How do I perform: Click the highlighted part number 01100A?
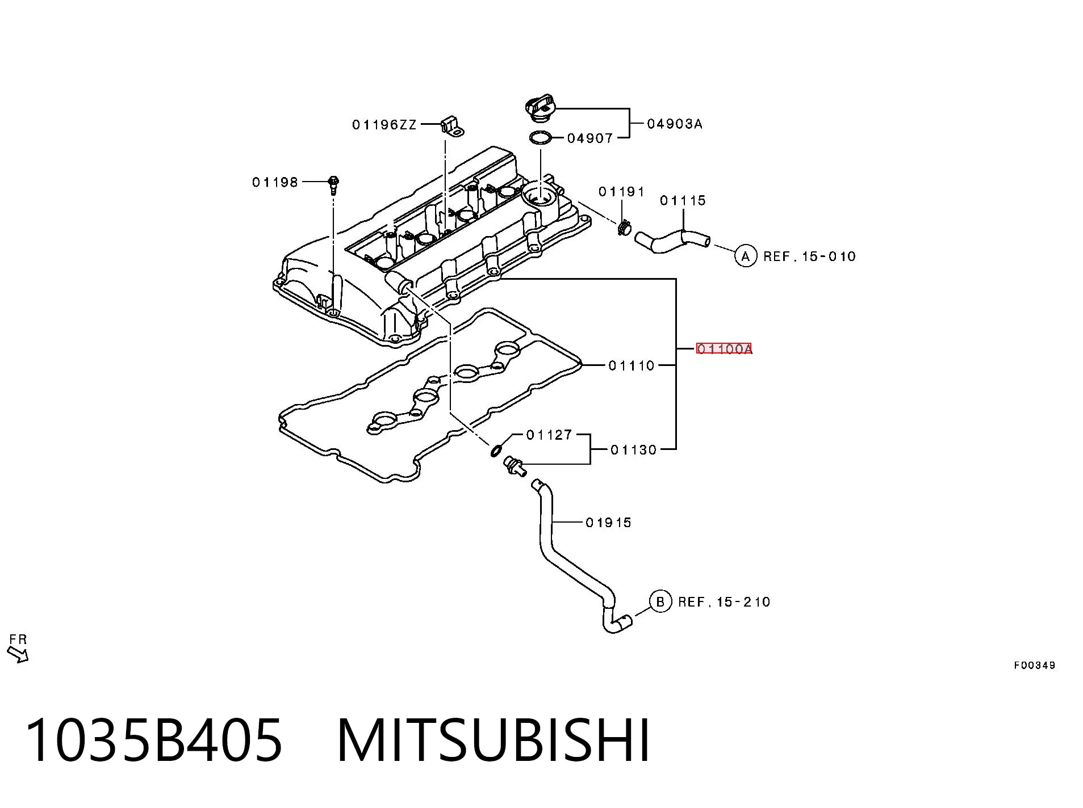pyautogui.click(x=724, y=348)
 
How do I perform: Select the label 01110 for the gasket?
pyautogui.click(x=632, y=365)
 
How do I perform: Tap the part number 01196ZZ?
pyautogui.click(x=384, y=124)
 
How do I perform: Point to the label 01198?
pyautogui.click(x=275, y=182)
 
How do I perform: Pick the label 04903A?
pyautogui.click(x=675, y=124)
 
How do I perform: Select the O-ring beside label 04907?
pyautogui.click(x=540, y=138)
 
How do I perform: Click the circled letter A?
pyautogui.click(x=746, y=256)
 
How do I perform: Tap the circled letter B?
pyautogui.click(x=660, y=601)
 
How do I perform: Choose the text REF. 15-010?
pyautogui.click(x=809, y=256)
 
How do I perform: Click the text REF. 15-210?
pyautogui.click(x=724, y=601)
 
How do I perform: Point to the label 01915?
pyautogui.click(x=608, y=523)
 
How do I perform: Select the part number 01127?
pyautogui.click(x=549, y=435)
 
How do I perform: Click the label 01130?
pyautogui.click(x=633, y=450)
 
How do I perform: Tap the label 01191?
pyautogui.click(x=621, y=192)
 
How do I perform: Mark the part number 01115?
pyautogui.click(x=683, y=200)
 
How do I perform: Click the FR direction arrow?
pyautogui.click(x=18, y=655)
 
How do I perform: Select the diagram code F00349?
pyautogui.click(x=1035, y=666)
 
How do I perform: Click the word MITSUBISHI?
pyautogui.click(x=493, y=740)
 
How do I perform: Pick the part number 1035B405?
pyautogui.click(x=154, y=740)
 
